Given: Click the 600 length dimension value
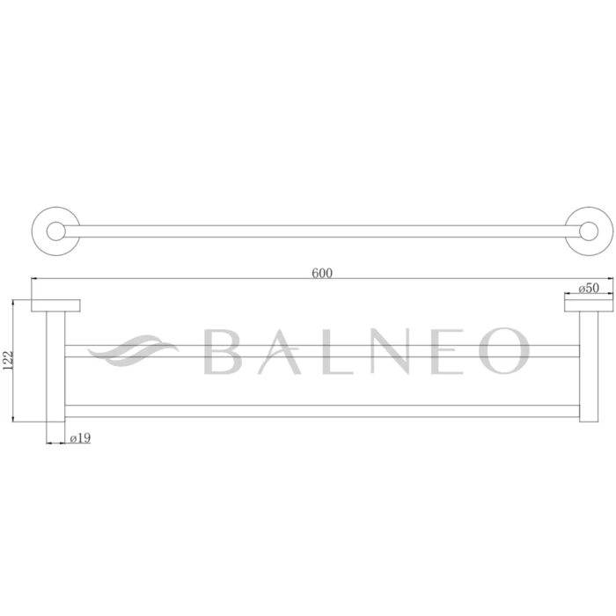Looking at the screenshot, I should pyautogui.click(x=321, y=273).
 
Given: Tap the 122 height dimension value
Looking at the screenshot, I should pyautogui.click(x=8, y=360).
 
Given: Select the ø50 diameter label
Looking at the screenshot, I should pyautogui.click(x=589, y=288).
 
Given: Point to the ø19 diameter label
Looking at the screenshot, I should pyautogui.click(x=80, y=436).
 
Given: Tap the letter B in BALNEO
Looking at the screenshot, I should pyautogui.click(x=225, y=351).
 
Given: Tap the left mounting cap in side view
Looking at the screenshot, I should pyautogui.click(x=55, y=305).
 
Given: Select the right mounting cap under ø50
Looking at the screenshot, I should pyautogui.click(x=587, y=304).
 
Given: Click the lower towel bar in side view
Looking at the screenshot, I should pyautogui.click(x=321, y=410).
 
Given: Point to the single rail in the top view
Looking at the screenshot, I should pyautogui.click(x=321, y=231).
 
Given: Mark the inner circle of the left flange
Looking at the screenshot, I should pyautogui.click(x=55, y=231).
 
